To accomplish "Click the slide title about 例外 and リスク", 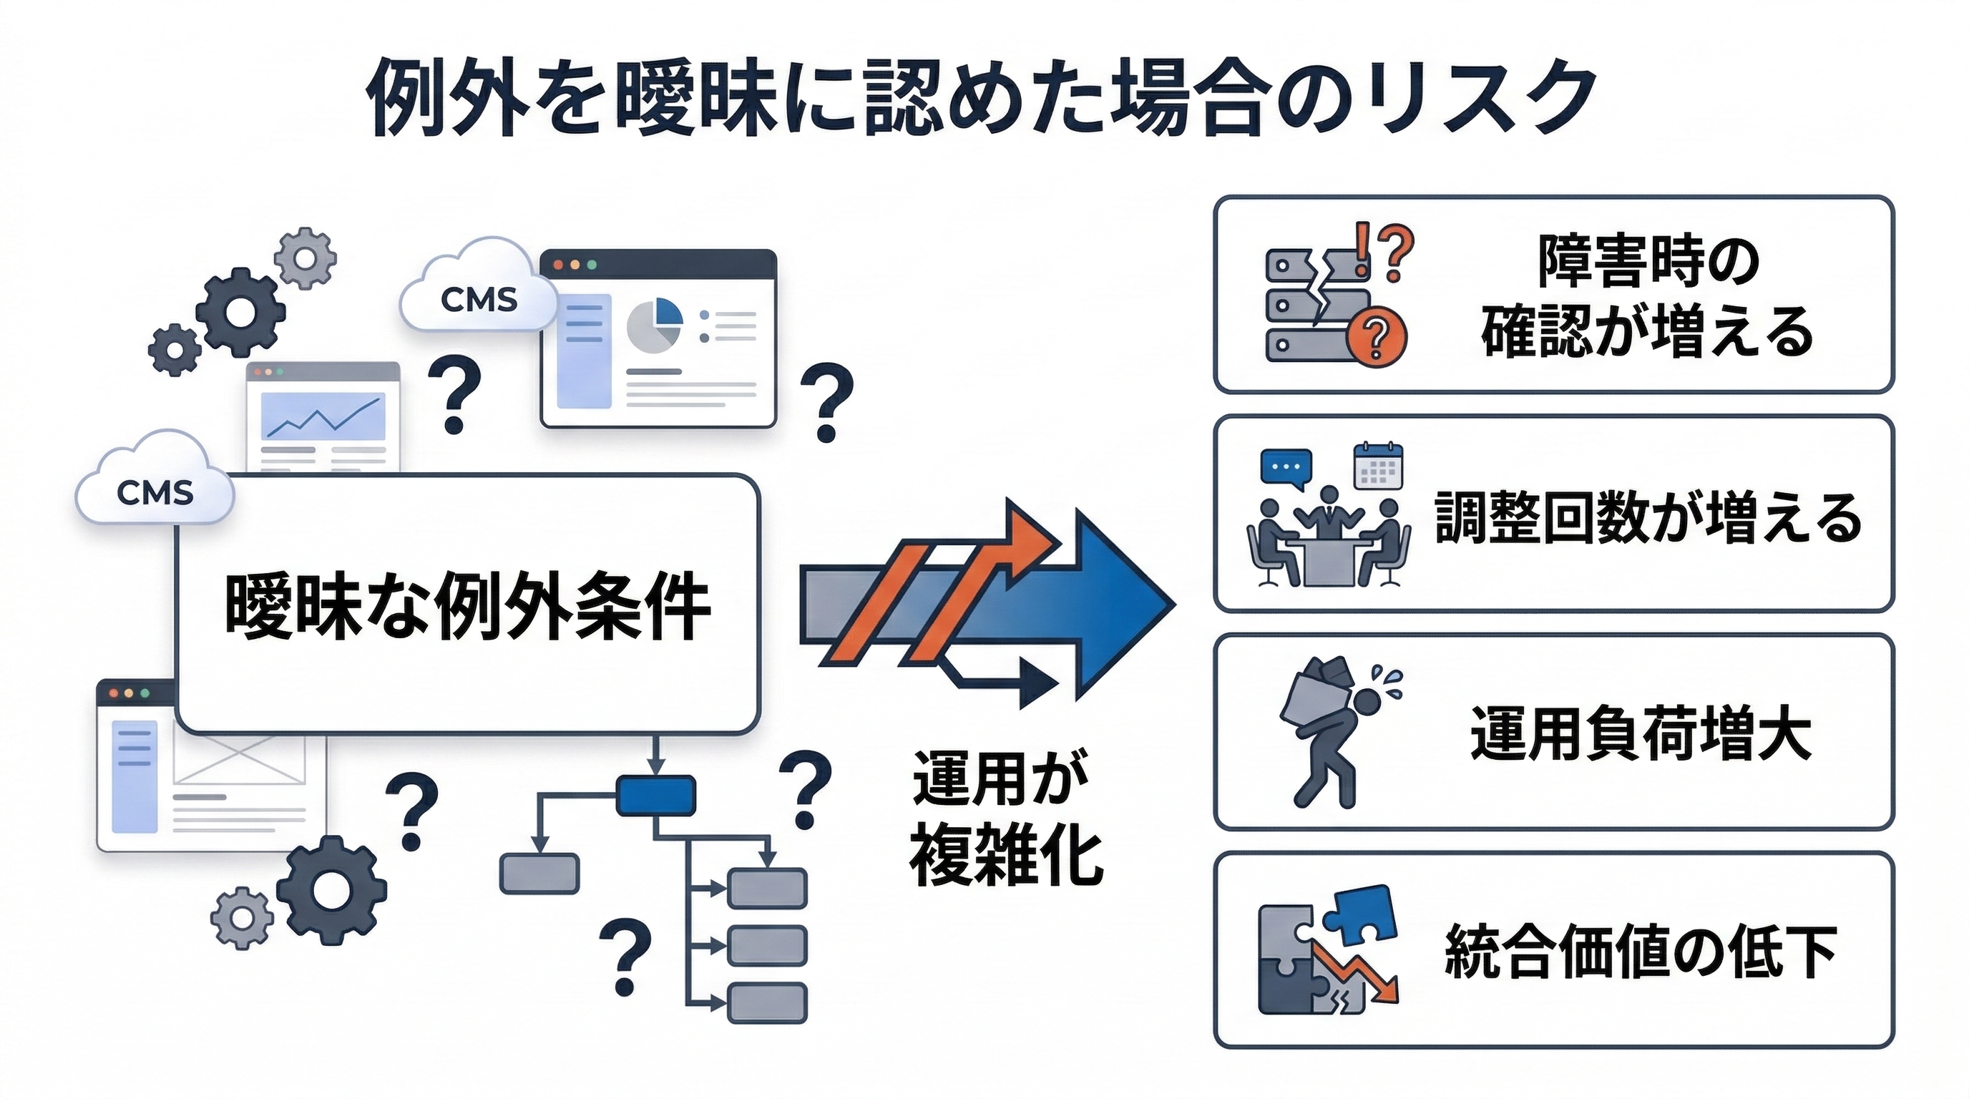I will click(x=982, y=99).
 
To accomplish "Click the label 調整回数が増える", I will click(x=1648, y=517).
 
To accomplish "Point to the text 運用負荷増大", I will click(x=1641, y=733).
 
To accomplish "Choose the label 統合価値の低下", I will click(x=1641, y=952).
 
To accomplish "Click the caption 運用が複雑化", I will click(x=1005, y=818).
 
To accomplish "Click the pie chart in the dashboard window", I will click(x=654, y=323).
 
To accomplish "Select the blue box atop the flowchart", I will click(x=656, y=795).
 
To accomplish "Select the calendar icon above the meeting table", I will click(x=1378, y=466).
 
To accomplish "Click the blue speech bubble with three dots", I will click(x=1286, y=467).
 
